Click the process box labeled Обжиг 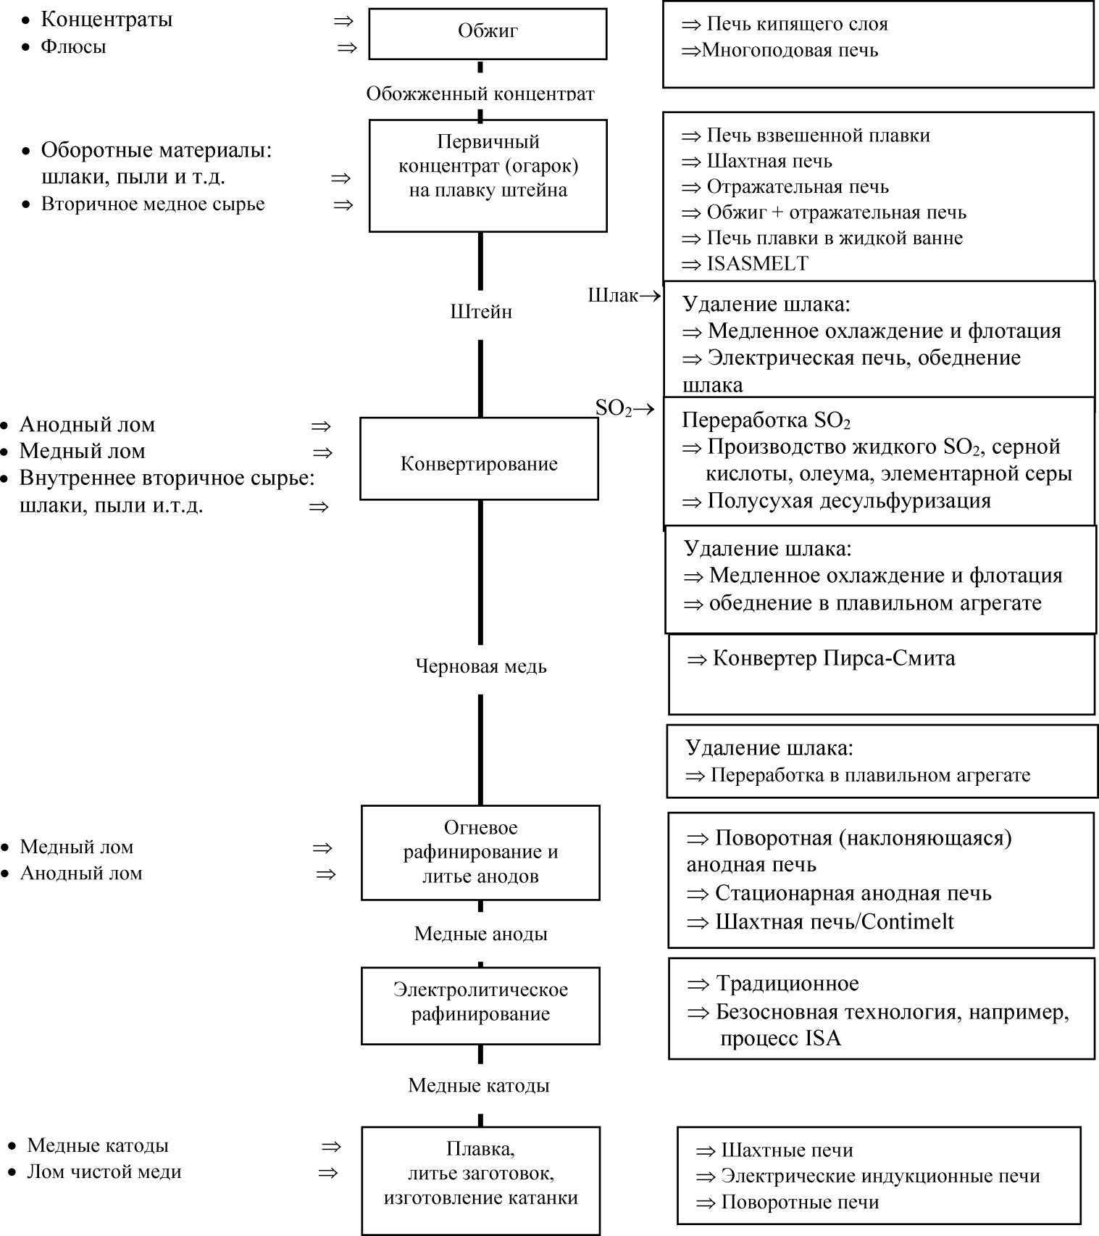[488, 33]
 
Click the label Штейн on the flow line [481, 312]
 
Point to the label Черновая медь [480, 666]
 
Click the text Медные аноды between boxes [480, 934]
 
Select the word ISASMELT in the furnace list [757, 264]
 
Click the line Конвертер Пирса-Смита [833, 658]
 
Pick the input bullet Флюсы [73, 47]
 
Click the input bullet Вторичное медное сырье [153, 204]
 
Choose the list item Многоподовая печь [790, 51]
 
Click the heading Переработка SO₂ [766, 420]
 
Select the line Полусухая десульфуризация [848, 501]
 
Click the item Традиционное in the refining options [787, 984]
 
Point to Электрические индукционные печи [880, 1176]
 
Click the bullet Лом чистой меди [104, 1172]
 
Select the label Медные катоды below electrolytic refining [479, 1085]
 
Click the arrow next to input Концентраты [343, 21]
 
